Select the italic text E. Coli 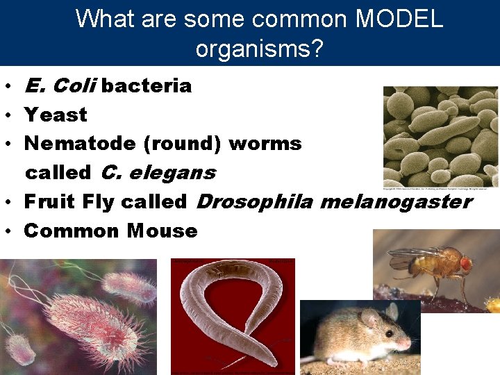[x=61, y=85]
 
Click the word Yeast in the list [x=56, y=115]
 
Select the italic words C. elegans [x=158, y=172]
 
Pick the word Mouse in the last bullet [x=162, y=231]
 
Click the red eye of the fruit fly [x=465, y=264]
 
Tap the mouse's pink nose [x=408, y=344]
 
